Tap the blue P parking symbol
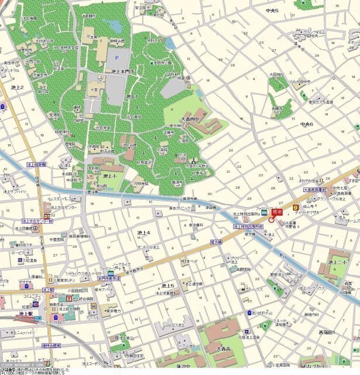(x=116, y=57)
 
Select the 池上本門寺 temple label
(x=123, y=71)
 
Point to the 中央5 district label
(x=272, y=11)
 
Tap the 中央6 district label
(x=306, y=124)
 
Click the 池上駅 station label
(x=25, y=315)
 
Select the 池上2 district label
(x=17, y=87)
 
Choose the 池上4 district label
(x=143, y=233)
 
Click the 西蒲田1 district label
(x=327, y=332)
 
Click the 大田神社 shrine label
(x=276, y=74)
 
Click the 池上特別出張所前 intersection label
(x=248, y=226)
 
